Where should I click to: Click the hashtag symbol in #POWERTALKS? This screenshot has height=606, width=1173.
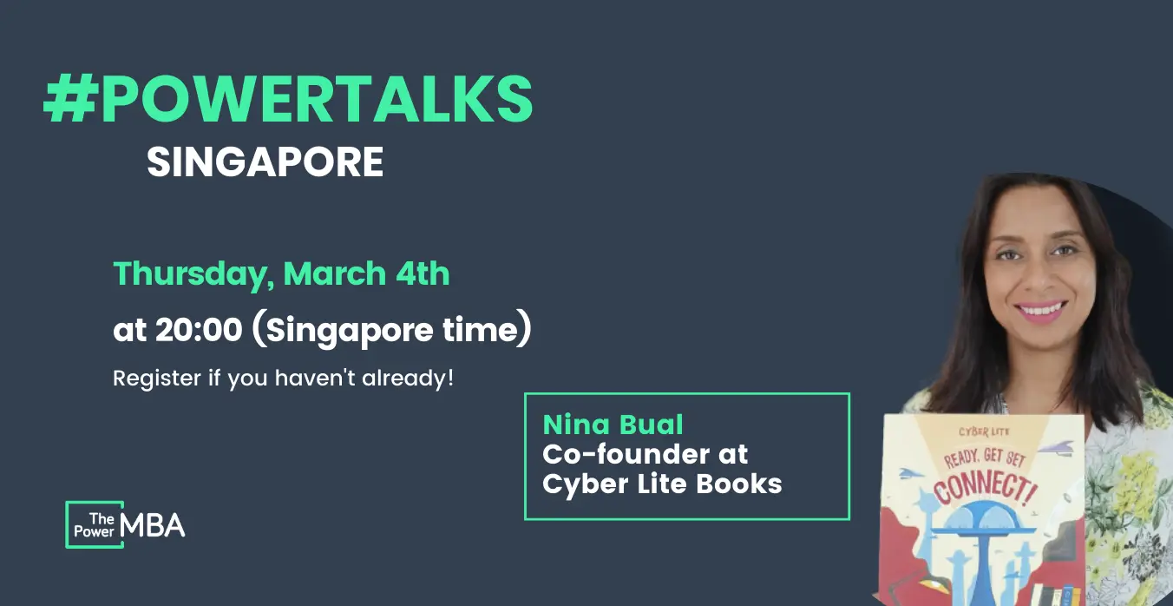69,99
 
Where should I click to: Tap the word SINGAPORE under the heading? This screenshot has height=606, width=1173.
265,162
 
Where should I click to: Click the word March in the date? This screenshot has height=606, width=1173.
335,273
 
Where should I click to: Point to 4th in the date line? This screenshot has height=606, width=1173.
423,273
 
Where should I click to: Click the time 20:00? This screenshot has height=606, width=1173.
199,330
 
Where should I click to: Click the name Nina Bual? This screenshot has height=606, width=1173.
613,425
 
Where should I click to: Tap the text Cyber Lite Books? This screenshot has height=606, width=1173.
662,484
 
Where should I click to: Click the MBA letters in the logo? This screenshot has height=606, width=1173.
153,525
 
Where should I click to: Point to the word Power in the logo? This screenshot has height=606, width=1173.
95,531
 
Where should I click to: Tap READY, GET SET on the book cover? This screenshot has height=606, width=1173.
985,458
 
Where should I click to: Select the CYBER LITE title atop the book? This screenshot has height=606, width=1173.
984,431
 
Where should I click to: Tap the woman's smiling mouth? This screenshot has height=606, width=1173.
1040,310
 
